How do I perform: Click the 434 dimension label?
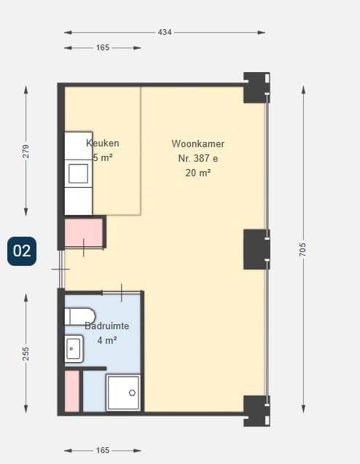pos(164,32)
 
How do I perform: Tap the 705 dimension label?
pos(302,249)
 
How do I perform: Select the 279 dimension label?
pos(26,151)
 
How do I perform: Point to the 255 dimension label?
pos(26,353)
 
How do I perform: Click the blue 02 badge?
pos(22,251)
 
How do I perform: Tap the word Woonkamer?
pos(197,143)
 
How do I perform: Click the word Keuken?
pos(103,143)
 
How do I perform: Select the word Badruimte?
pos(107,326)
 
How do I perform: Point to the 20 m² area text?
pos(197,173)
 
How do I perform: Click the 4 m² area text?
pos(107,340)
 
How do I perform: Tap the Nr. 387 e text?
pos(197,158)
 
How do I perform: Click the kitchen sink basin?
pos(79,173)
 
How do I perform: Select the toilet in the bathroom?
pos(80,317)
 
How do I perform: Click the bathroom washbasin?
pos(74,349)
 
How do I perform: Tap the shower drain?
pos(132,393)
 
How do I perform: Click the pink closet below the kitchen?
pos(84,232)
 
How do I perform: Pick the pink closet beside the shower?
pos(72,391)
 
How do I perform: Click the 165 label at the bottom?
pos(103,450)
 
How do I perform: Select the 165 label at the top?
pos(103,47)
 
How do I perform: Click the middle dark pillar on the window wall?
pos(257,249)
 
